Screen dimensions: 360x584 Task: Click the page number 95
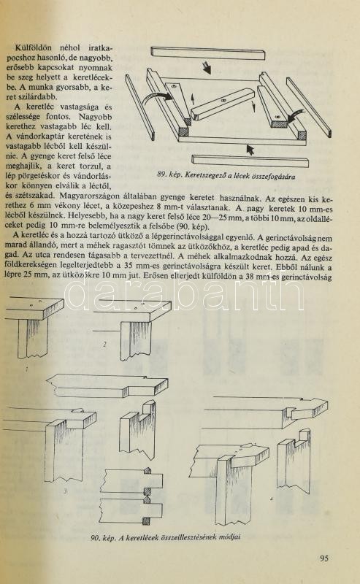point(324,558)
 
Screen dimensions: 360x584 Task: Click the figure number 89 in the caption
point(161,174)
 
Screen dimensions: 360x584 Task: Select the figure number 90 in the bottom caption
point(95,538)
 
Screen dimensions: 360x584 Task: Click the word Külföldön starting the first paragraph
point(33,47)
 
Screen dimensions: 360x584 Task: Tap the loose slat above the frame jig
point(208,53)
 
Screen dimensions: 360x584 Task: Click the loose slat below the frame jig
point(250,161)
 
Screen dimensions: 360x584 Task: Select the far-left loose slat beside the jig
point(139,107)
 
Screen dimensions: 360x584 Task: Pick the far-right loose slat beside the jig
point(309,107)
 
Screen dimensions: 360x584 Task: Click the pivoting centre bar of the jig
point(223,104)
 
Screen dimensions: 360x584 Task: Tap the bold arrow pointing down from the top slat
point(207,68)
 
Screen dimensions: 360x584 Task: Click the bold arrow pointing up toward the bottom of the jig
point(250,150)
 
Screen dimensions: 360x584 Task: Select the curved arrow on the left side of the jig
point(156,99)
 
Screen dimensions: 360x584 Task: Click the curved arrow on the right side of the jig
point(296,116)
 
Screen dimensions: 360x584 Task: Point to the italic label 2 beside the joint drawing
point(104,345)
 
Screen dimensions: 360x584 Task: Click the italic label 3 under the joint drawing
point(65,491)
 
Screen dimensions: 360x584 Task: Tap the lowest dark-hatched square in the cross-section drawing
point(147,520)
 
